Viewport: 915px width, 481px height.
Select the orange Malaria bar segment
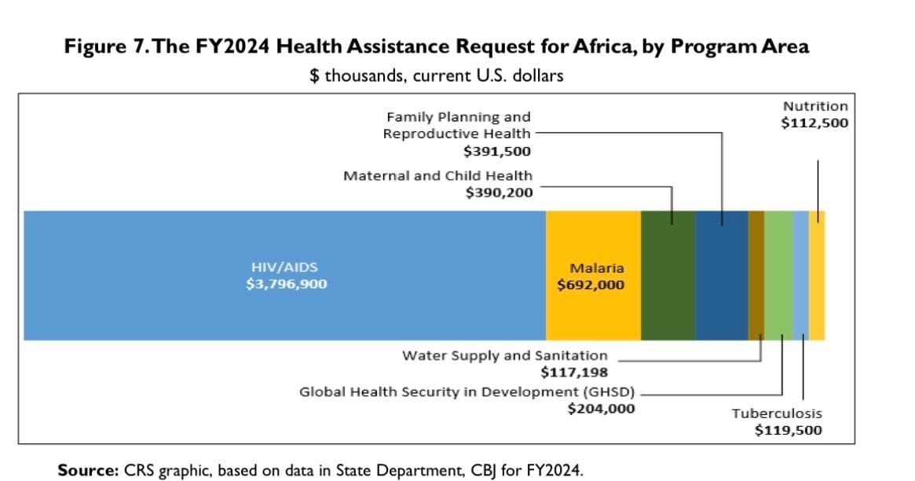[x=593, y=236]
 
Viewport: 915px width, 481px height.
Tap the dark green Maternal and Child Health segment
[x=668, y=275]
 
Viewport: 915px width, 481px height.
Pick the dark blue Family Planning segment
[x=722, y=275]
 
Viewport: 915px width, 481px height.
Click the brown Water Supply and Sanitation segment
[x=756, y=275]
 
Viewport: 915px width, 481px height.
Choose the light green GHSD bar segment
[x=778, y=275]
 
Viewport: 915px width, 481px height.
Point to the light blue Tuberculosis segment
[x=801, y=275]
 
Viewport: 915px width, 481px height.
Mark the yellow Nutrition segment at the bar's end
[x=817, y=275]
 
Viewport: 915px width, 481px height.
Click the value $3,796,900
[x=286, y=284]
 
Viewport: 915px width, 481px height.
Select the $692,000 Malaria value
[x=591, y=285]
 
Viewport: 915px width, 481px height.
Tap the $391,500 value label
[x=497, y=152]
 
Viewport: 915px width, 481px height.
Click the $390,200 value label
[x=499, y=192]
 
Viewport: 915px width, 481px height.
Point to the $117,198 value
[x=575, y=371]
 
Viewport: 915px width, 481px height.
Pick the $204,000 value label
[x=601, y=408]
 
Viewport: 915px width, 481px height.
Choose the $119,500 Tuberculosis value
[x=788, y=430]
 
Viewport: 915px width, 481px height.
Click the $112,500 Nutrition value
[x=814, y=123]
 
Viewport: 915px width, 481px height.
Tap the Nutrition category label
[x=815, y=106]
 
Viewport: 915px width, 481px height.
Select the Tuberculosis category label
[x=777, y=413]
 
